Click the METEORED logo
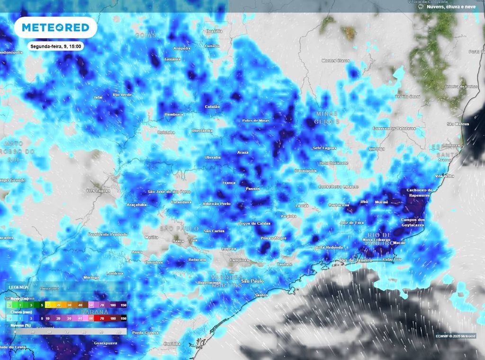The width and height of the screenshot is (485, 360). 55,27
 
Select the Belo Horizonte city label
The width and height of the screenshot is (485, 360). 334,163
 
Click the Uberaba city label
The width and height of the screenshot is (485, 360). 212,157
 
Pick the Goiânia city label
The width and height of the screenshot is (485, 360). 172,59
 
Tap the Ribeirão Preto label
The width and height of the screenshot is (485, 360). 216,203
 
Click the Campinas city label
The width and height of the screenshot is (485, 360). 238,260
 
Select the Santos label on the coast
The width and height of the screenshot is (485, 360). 261,295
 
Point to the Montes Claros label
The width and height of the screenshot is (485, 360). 335,61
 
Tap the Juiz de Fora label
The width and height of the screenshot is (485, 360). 351,222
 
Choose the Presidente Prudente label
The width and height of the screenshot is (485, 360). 108,234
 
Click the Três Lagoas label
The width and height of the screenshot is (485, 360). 97,190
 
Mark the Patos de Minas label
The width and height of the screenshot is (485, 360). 255,121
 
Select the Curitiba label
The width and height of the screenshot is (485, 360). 172,343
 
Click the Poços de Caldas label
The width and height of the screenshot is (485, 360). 254,223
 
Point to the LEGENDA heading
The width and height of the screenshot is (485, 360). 18,287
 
